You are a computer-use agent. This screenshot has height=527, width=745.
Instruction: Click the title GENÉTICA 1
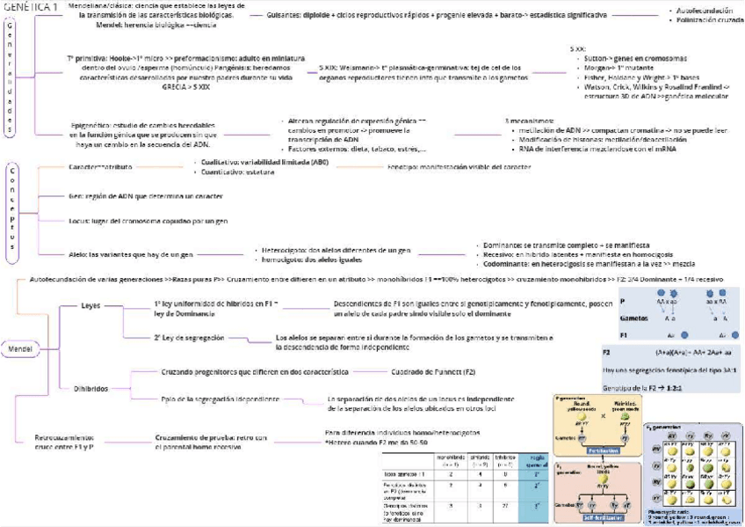(x=32, y=7)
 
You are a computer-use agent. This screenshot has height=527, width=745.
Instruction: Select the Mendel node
(x=20, y=348)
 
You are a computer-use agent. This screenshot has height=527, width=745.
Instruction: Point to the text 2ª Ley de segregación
(x=189, y=337)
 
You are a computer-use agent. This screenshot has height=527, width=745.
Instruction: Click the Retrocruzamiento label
(x=63, y=437)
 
